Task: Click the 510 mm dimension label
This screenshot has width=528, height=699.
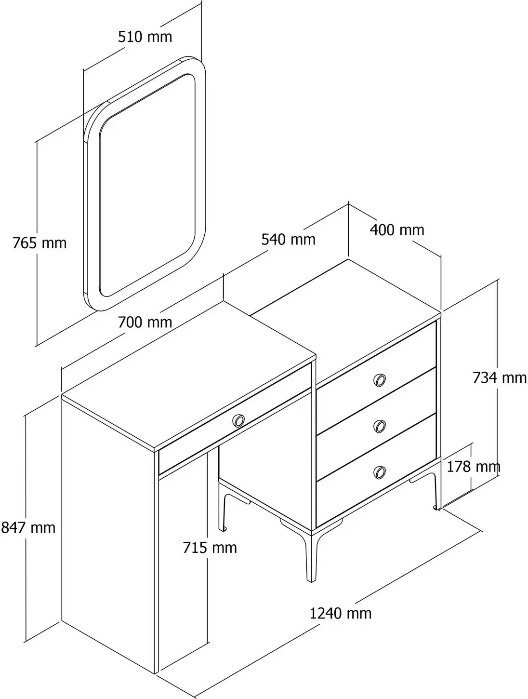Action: (145, 37)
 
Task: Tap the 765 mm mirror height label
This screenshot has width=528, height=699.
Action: (40, 243)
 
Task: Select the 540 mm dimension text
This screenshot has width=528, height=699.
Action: (289, 240)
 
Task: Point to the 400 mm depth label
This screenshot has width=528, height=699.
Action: (397, 230)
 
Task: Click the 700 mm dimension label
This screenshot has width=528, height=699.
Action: (145, 323)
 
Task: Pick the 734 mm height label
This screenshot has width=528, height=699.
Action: (500, 377)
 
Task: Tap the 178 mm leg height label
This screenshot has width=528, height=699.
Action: (473, 467)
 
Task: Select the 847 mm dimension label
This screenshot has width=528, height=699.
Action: (28, 528)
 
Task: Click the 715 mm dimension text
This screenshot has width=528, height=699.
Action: (210, 548)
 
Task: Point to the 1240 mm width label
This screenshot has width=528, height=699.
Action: (341, 613)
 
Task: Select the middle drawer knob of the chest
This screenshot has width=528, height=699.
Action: (379, 426)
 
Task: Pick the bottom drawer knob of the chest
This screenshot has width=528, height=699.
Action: (379, 472)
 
